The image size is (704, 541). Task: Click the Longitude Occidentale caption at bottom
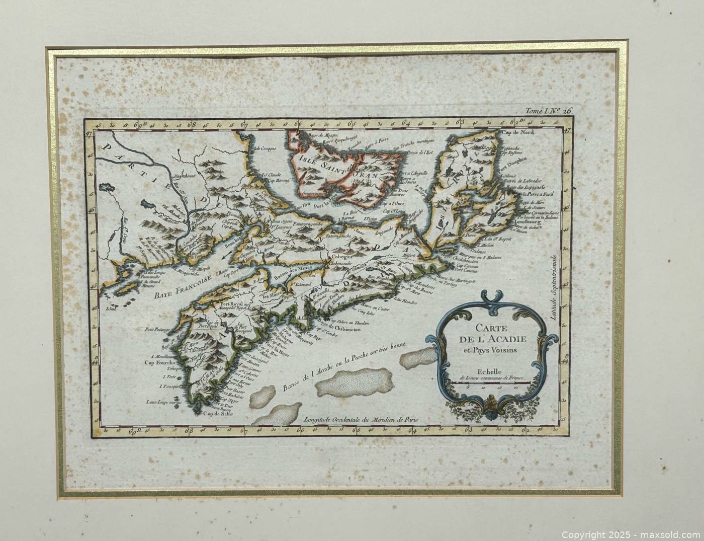pyautogui.click(x=361, y=419)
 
